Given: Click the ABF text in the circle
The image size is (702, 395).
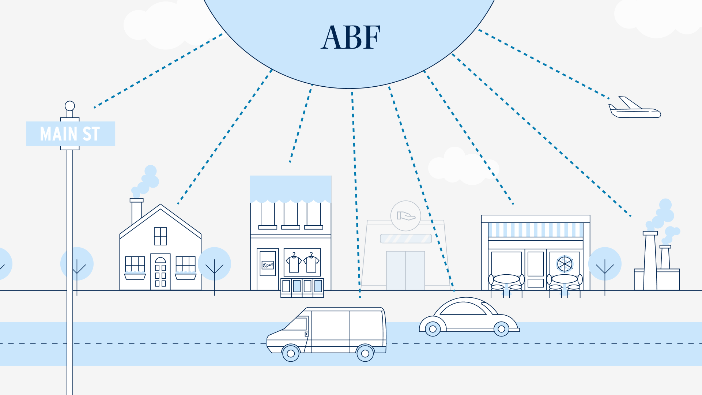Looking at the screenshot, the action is (350, 37).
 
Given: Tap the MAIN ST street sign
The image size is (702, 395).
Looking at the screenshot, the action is (70, 134).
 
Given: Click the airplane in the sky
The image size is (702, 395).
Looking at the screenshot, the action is (634, 109).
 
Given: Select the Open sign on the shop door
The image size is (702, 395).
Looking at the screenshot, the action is (268, 264).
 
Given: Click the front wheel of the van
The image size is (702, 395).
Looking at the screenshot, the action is (291, 353).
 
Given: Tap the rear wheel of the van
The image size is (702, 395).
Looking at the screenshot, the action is (365, 353).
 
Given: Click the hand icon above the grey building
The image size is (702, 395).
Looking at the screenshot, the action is (405, 216).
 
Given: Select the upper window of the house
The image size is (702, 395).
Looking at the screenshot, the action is (160, 236).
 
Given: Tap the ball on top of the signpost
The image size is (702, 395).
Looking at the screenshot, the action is (70, 106).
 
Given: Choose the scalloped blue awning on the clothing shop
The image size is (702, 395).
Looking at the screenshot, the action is (291, 189).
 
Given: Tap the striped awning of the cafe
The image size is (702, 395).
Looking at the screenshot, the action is (535, 230).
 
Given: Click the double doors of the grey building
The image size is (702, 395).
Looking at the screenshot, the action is (405, 270).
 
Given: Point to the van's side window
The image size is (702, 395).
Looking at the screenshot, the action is (298, 324).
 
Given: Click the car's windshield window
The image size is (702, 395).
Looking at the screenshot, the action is (463, 309).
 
